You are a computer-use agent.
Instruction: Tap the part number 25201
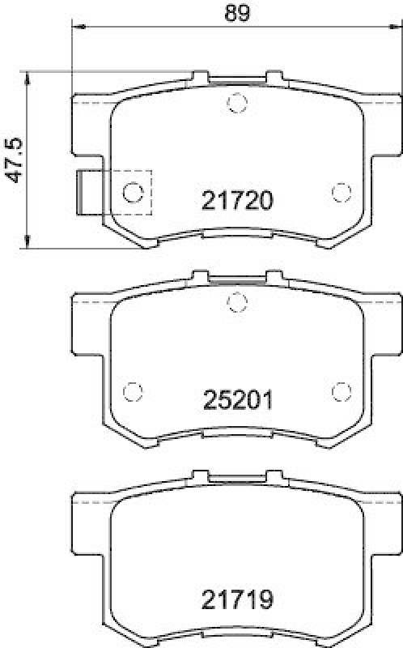[x=236, y=399]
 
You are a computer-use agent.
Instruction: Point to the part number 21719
[x=236, y=601]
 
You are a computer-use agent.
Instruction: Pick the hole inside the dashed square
[x=133, y=192]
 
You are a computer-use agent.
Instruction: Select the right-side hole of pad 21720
[x=341, y=192]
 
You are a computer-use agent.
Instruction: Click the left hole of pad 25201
[x=132, y=390]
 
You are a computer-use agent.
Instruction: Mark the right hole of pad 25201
[x=341, y=390]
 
